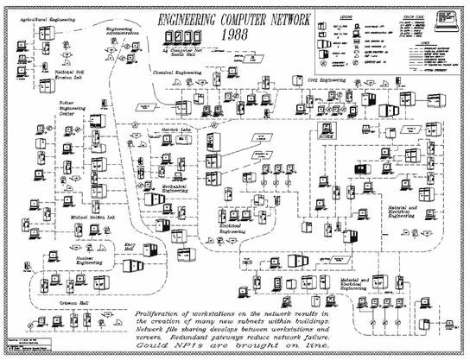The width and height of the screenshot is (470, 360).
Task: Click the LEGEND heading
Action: (347, 15)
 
